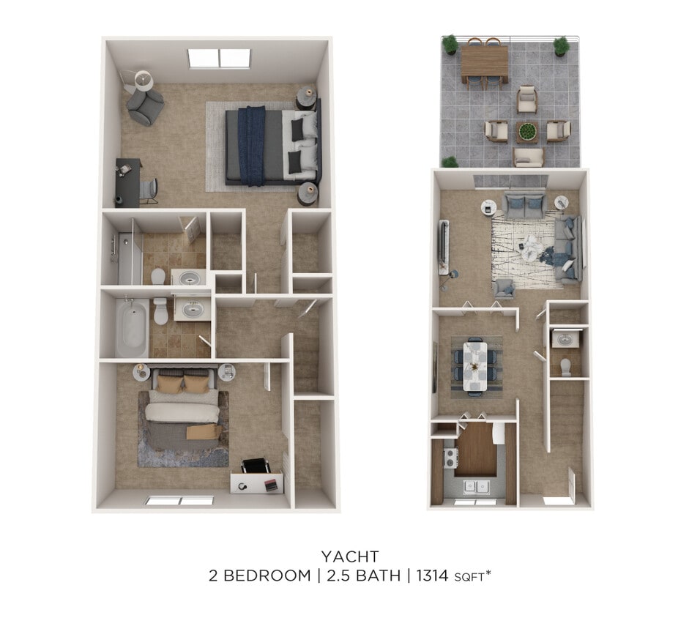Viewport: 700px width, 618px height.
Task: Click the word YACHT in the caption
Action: pos(349,556)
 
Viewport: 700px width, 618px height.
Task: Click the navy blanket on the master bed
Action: pos(251,146)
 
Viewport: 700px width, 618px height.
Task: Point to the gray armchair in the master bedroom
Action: pos(146,106)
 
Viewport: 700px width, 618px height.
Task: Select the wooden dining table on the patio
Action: pos(484,61)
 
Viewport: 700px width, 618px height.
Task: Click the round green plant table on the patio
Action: pos(527,133)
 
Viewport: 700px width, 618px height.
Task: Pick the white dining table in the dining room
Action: pos(474,364)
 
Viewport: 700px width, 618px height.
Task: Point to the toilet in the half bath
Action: pos(565,367)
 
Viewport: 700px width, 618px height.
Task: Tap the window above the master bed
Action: pos(219,58)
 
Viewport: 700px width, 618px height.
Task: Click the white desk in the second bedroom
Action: pos(256,483)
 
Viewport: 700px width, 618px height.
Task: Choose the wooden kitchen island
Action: pos(476,449)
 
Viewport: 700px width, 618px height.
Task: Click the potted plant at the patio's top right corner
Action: pos(562,46)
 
